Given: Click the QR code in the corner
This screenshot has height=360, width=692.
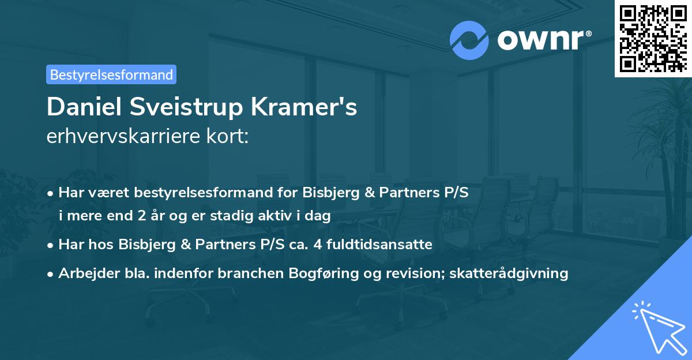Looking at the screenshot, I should pyautogui.click(x=653, y=38).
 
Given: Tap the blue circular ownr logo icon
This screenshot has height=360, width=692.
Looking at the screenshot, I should pyautogui.click(x=469, y=40).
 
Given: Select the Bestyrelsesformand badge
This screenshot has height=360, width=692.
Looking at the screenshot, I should pyautogui.click(x=111, y=74).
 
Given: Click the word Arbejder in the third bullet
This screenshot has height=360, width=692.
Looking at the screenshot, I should pyautogui.click(x=85, y=273).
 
